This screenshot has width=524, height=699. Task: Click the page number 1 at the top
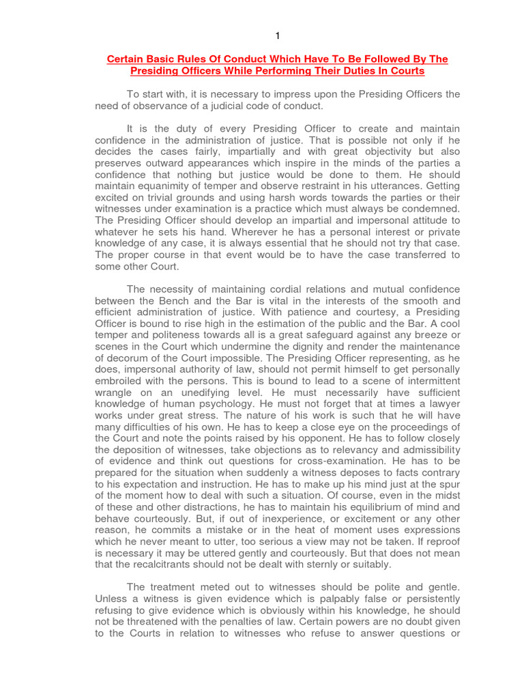[277, 35]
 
